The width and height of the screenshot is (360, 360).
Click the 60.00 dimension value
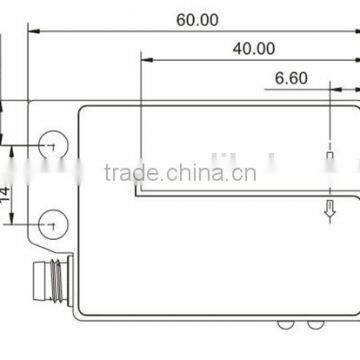pos(197,19)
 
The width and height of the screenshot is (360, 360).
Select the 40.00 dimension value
pos(254,47)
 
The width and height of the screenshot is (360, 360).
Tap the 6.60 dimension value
pos(290,77)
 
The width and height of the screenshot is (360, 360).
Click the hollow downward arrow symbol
pos(328,208)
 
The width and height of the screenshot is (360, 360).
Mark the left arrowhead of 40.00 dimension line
pos(147,59)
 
